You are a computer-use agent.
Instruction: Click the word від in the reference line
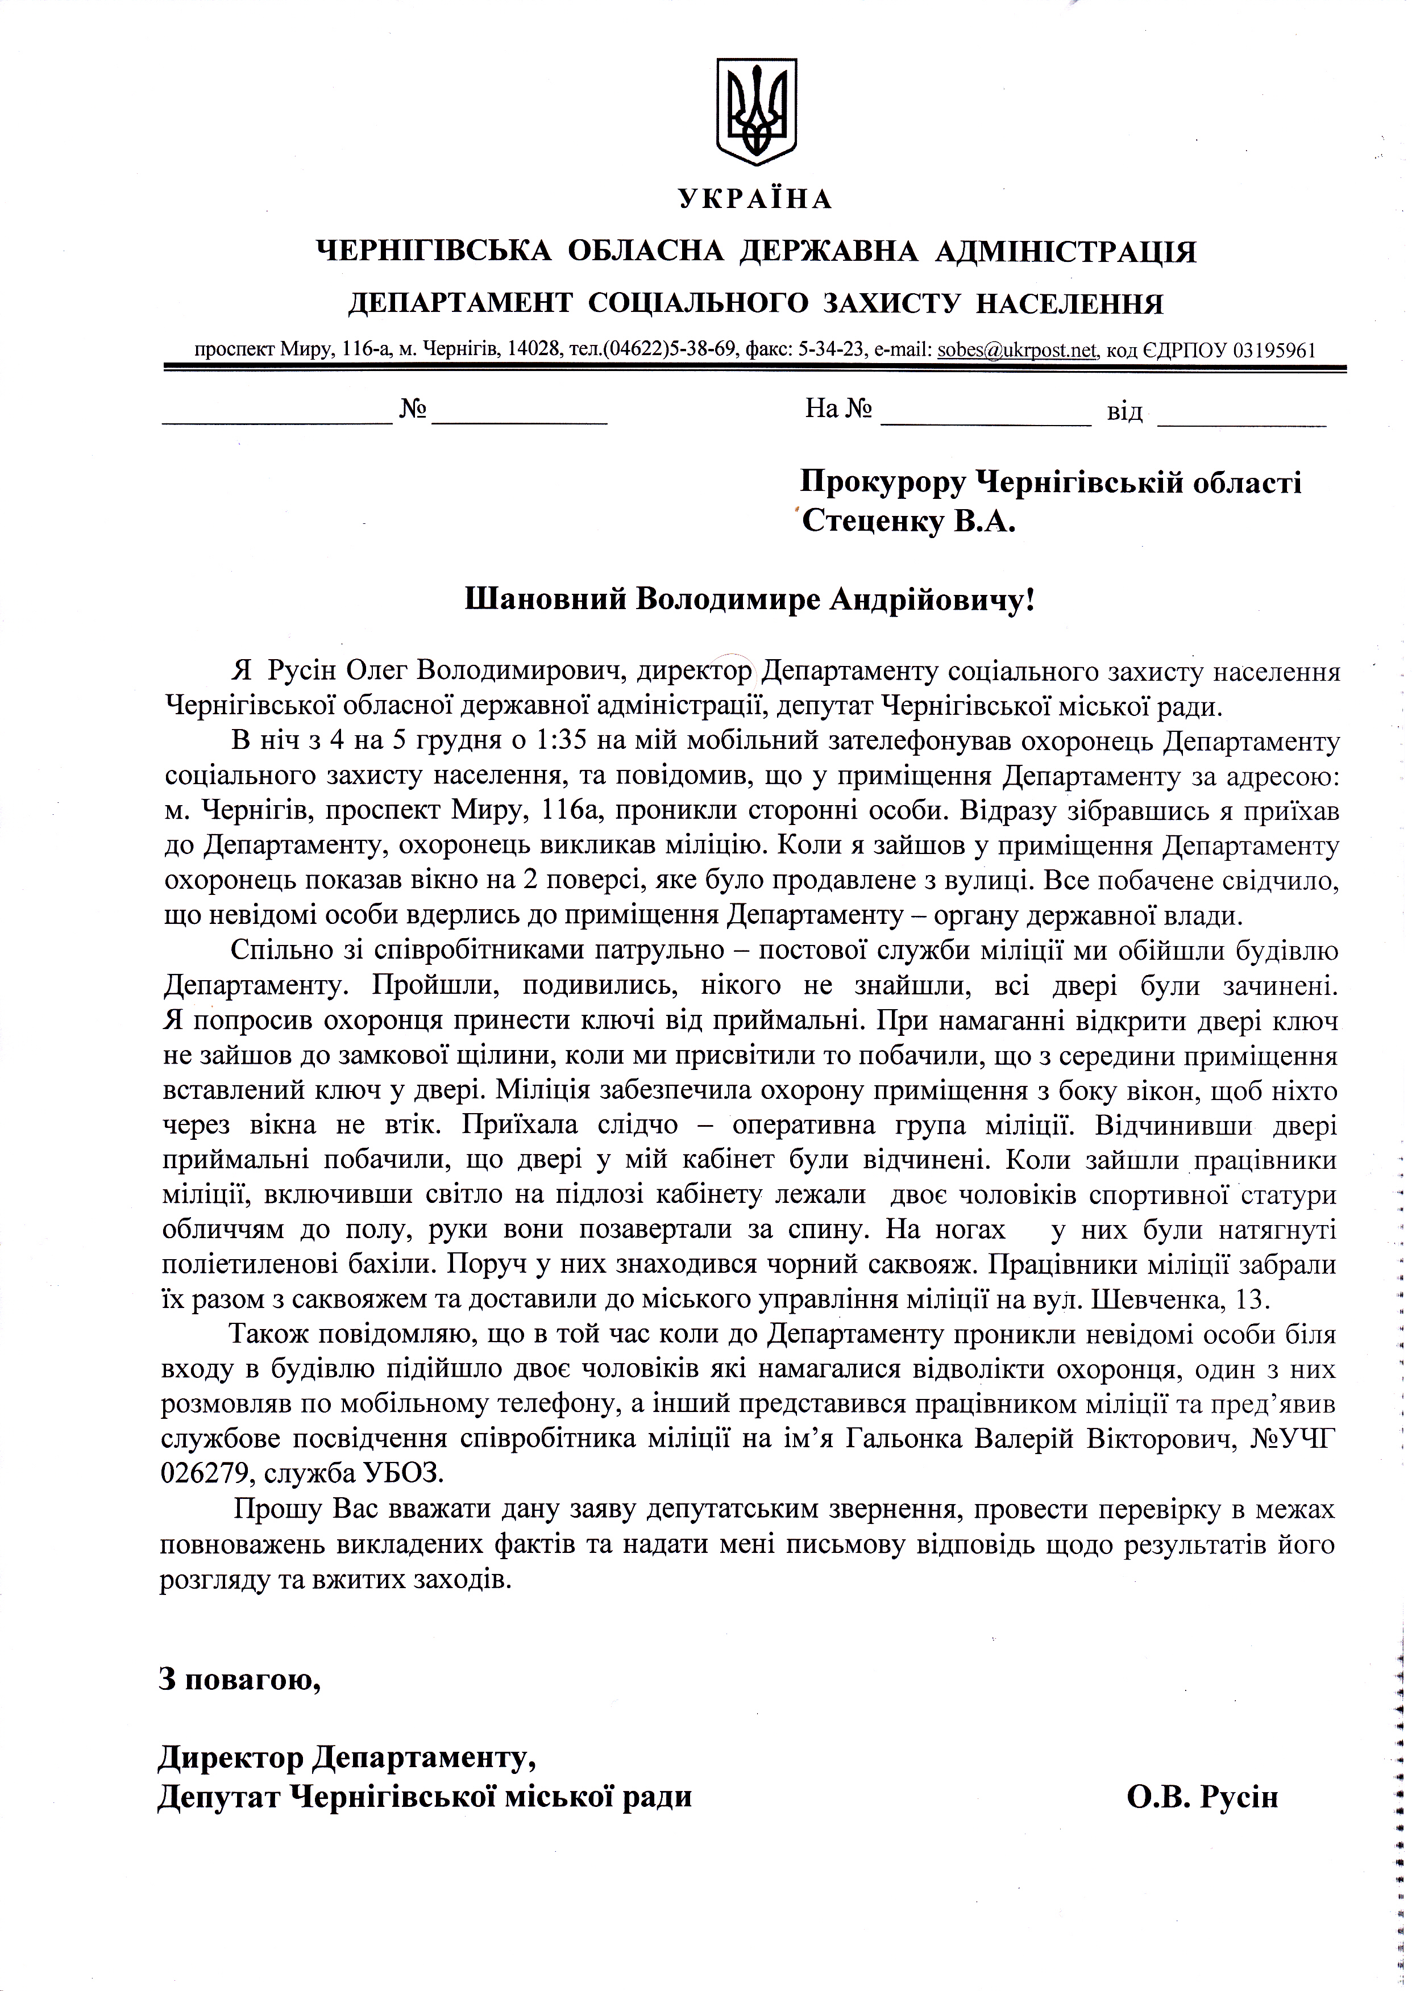coord(1124,411)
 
